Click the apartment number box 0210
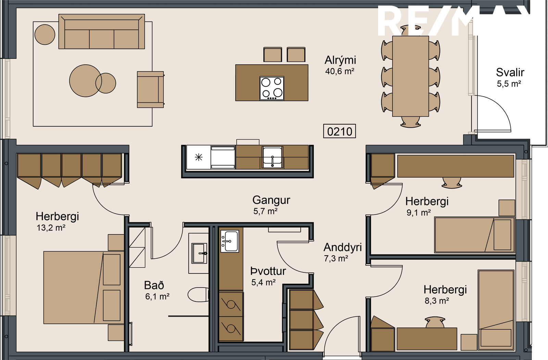click(339, 131)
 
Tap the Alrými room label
click(340, 60)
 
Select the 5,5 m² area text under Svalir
click(509, 84)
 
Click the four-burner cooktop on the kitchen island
click(272, 88)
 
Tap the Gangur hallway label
click(271, 201)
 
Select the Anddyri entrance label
click(342, 248)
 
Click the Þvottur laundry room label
click(268, 271)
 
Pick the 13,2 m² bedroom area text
click(51, 228)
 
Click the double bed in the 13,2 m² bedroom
click(84, 287)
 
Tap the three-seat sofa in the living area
click(101, 31)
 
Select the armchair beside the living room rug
click(150, 89)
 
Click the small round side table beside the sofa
click(45, 35)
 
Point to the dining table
click(411, 76)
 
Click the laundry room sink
click(230, 241)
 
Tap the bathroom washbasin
click(199, 253)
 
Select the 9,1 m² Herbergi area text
click(419, 213)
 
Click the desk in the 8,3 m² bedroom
click(427, 339)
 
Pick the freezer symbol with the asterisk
click(199, 157)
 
